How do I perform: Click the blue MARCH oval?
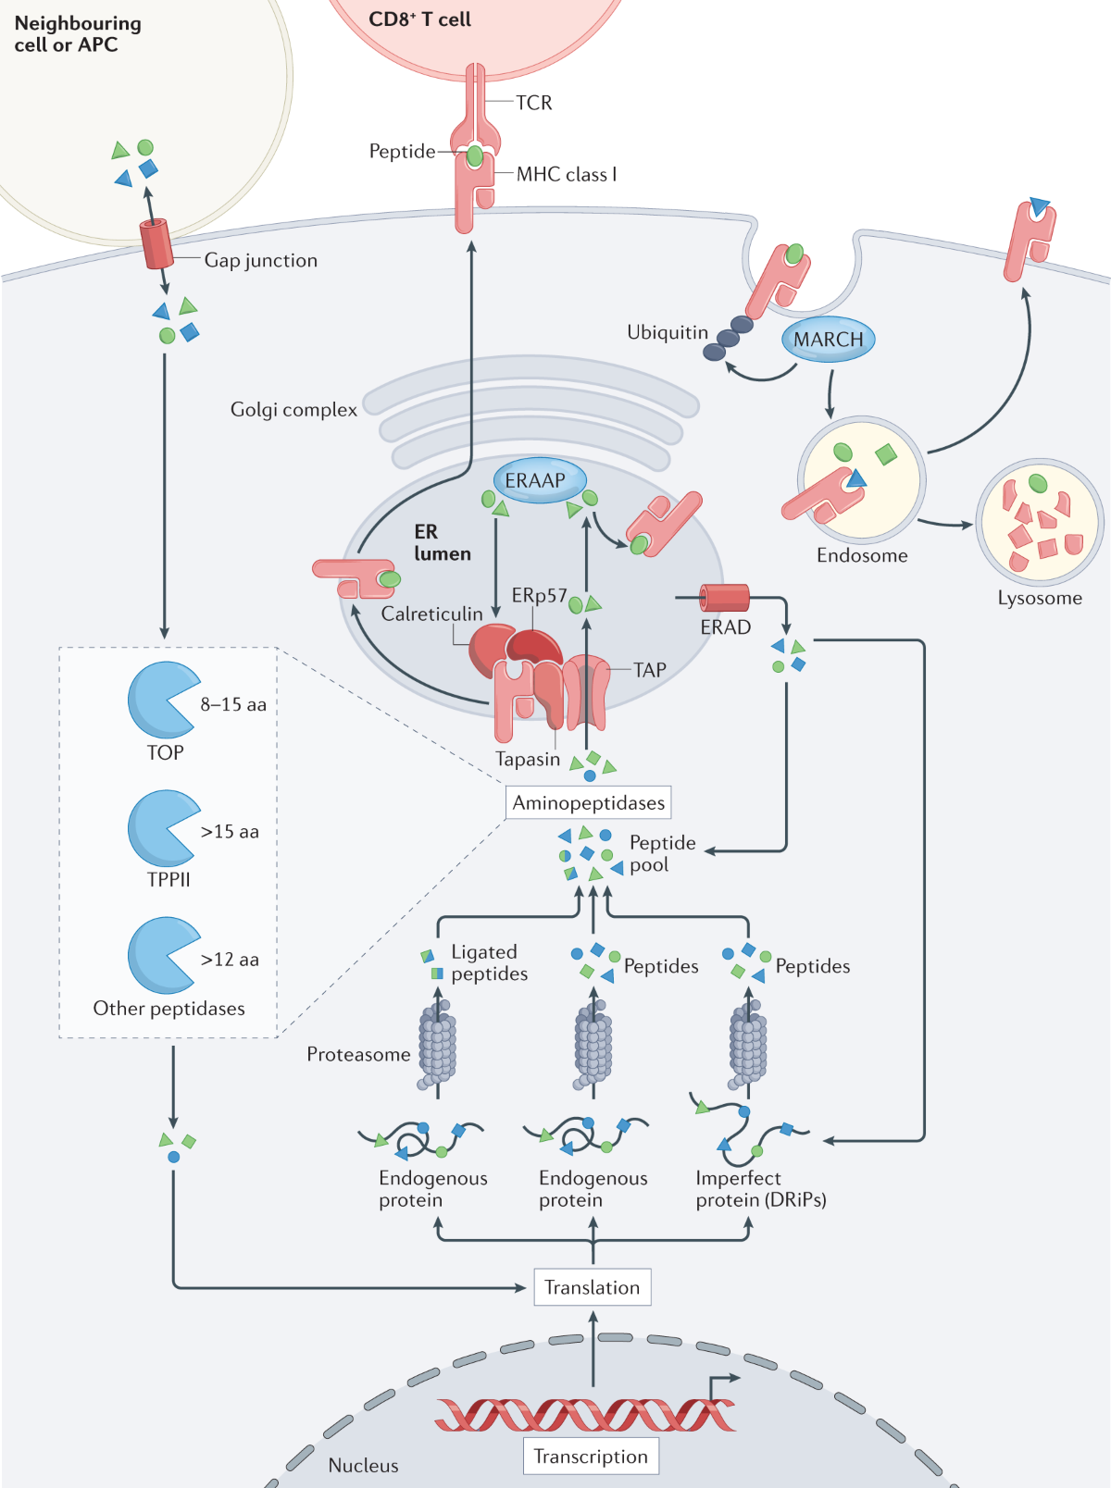(828, 340)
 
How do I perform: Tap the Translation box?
(593, 1287)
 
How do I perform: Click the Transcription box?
(591, 1457)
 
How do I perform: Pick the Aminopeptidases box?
(589, 802)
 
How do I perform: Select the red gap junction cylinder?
(156, 243)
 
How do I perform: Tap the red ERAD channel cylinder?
(724, 598)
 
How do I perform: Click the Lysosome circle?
(1039, 522)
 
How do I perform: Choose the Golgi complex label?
(293, 409)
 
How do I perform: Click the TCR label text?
(534, 103)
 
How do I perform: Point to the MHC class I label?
(567, 174)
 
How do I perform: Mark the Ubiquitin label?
(668, 332)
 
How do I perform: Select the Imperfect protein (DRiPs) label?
(760, 1189)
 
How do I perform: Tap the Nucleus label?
(363, 1465)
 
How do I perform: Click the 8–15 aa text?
(233, 704)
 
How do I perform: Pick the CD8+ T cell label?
(419, 19)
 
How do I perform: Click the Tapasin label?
(528, 759)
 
